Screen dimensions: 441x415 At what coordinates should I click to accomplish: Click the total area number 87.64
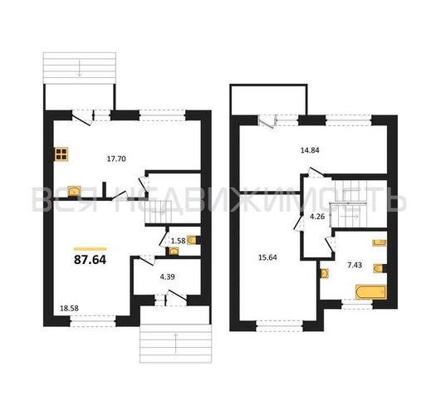[x=90, y=260]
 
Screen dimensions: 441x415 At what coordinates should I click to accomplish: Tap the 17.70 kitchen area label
[x=116, y=159]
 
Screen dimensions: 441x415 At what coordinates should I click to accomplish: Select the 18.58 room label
[x=69, y=309]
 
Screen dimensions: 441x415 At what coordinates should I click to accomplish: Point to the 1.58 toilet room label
[x=179, y=241]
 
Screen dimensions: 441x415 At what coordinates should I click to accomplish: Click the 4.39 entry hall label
[x=167, y=277]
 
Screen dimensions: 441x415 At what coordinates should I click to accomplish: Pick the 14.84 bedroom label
[x=310, y=150]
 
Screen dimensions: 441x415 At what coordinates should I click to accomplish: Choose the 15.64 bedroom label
[x=267, y=257]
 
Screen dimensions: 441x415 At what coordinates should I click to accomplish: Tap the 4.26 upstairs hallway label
[x=317, y=217]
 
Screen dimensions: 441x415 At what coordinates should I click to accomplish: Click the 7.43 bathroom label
[x=355, y=265]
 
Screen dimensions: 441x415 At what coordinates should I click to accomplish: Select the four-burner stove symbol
[x=61, y=154]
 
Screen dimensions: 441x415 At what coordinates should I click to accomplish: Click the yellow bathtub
[x=371, y=292]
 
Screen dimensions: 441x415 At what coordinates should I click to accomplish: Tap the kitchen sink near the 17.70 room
[x=74, y=191]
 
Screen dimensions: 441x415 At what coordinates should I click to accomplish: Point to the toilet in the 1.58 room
[x=192, y=240]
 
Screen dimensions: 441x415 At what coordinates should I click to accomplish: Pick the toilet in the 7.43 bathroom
[x=378, y=269]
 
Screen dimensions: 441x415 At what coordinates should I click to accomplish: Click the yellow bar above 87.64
[x=90, y=249]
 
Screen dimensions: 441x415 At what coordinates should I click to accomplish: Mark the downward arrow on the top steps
[x=79, y=68]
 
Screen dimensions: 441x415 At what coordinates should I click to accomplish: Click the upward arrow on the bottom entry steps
[x=176, y=344]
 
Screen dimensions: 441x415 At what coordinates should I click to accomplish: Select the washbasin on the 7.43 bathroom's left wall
[x=324, y=273]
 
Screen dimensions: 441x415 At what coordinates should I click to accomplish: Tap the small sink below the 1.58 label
[x=174, y=251]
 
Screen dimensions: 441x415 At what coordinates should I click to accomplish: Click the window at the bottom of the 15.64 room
[x=279, y=326]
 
